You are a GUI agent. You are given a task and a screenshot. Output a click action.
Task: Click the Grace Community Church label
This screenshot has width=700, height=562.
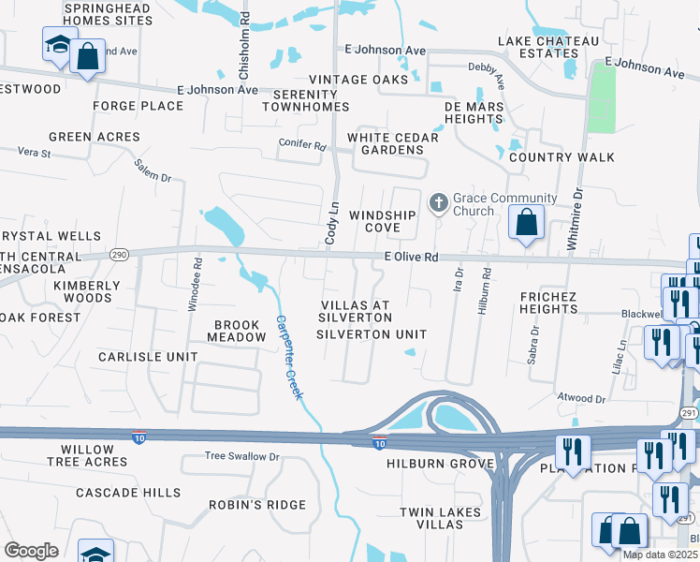click(504, 204)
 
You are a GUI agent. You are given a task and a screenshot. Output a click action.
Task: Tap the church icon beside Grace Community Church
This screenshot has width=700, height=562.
click(438, 202)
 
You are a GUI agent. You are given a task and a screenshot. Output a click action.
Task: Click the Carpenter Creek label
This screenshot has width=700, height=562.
click(289, 357)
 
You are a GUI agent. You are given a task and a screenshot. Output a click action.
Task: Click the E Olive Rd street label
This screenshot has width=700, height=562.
click(411, 257)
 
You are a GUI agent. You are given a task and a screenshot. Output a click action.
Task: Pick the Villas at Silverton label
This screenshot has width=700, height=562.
click(355, 312)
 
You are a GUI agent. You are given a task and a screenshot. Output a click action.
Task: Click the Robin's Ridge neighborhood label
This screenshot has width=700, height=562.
click(257, 505)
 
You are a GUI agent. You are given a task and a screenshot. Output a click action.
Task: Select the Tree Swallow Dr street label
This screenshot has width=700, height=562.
click(242, 456)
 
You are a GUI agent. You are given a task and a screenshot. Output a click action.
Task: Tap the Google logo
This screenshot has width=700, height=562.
click(31, 551)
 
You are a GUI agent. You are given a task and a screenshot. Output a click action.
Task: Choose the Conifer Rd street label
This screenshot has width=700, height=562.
click(301, 147)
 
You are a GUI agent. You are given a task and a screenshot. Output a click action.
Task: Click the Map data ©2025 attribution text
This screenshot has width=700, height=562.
click(660, 555)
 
